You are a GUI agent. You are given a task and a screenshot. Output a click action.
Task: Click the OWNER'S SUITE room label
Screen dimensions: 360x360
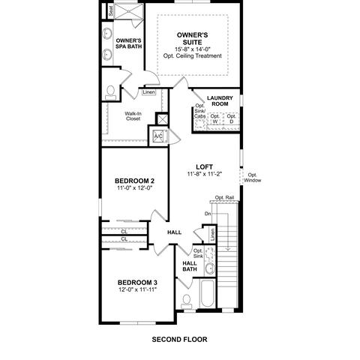192,38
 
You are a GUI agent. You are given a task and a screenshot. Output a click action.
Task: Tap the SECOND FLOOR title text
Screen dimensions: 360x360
179,340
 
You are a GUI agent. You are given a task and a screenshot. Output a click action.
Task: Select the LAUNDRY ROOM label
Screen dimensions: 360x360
220,100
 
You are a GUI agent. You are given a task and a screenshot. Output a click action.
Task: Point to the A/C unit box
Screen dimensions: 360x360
158,136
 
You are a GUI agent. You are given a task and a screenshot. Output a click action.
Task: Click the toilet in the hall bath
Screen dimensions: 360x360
187,301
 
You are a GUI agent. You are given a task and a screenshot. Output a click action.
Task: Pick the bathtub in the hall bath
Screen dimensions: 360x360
208,293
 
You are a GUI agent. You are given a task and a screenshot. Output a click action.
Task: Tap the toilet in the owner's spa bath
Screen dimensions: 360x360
110,93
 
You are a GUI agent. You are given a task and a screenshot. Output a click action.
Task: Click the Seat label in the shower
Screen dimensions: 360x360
111,11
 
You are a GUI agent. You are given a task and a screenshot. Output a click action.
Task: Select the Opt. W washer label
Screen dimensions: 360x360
215,118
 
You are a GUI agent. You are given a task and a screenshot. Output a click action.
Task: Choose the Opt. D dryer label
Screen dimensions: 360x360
232,118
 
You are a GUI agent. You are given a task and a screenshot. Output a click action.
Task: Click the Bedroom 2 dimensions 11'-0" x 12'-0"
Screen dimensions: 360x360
135,187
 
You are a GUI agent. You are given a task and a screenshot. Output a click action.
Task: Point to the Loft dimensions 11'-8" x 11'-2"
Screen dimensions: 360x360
205,174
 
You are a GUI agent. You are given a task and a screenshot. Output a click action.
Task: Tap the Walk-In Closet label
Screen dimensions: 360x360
133,116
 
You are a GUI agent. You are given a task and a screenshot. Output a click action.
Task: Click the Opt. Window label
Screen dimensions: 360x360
253,178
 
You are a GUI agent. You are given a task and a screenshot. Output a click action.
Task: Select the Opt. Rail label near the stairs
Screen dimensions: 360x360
224,198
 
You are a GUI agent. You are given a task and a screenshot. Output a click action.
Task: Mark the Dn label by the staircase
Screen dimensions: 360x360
208,214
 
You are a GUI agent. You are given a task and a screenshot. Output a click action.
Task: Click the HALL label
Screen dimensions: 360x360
175,232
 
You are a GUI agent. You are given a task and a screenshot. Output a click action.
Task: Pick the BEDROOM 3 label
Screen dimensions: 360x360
137,283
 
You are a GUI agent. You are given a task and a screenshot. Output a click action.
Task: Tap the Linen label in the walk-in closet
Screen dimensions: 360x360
148,92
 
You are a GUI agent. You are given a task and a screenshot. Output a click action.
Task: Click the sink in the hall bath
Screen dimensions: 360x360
210,268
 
